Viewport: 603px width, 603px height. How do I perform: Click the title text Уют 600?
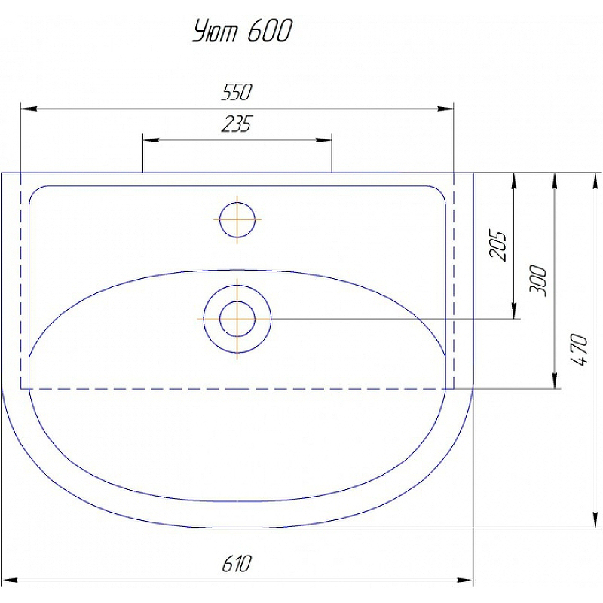(242, 31)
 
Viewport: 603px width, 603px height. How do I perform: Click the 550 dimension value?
(237, 92)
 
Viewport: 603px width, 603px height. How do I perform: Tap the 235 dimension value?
(237, 124)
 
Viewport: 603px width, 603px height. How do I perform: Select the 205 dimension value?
(497, 246)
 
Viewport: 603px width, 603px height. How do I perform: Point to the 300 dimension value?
(538, 280)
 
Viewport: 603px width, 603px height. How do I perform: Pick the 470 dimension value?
(579, 350)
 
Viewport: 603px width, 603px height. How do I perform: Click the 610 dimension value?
(237, 564)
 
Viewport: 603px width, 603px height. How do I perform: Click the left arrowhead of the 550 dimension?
(29, 109)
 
